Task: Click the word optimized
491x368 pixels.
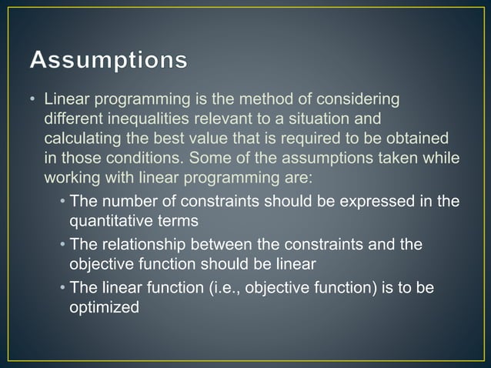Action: click(x=105, y=306)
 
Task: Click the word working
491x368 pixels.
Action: click(x=71, y=179)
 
